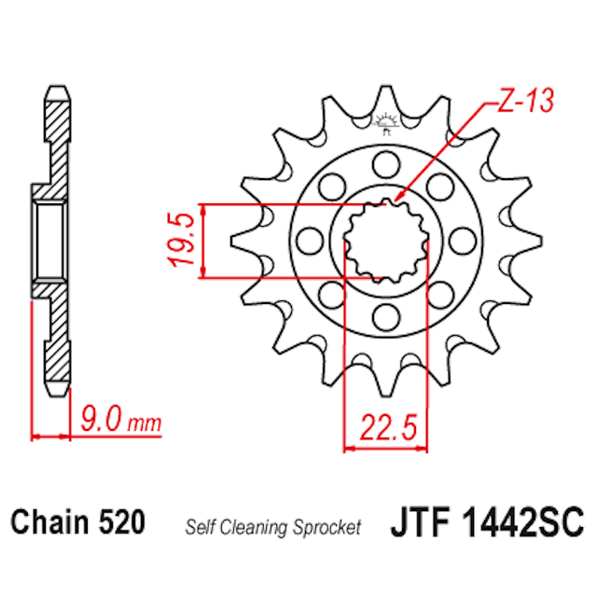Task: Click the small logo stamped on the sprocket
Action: pos(385,120)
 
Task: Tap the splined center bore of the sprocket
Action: pos(384,241)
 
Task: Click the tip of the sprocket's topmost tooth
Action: pos(384,90)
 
